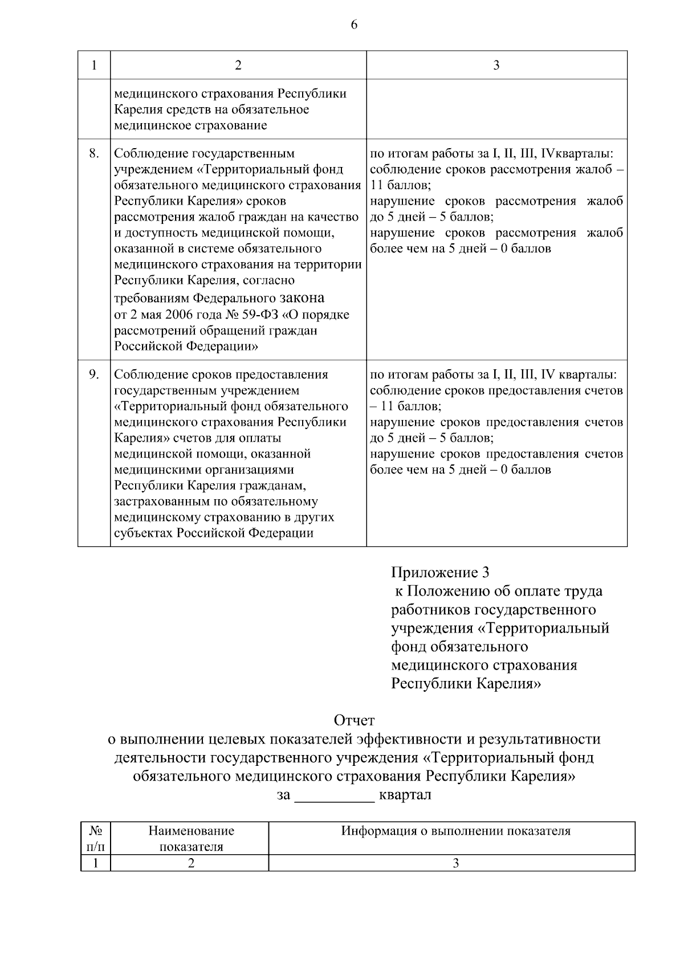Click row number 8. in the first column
tap(95, 153)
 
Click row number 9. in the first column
tap(95, 374)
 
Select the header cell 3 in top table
tap(496, 65)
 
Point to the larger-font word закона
tap(302, 297)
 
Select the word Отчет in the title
tap(354, 721)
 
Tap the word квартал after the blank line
tap(405, 795)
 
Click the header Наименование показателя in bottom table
tap(191, 838)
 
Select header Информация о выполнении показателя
tap(455, 831)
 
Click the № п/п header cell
tap(95, 838)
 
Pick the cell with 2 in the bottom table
tap(191, 863)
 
